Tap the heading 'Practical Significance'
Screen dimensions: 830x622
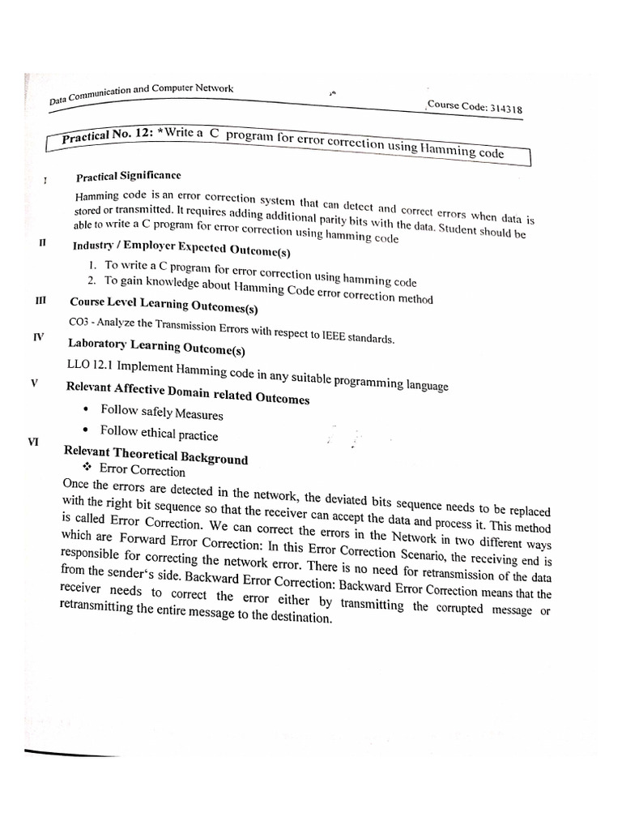[128, 176]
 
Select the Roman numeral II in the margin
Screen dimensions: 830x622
[43, 242]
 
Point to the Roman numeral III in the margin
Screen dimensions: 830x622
[40, 300]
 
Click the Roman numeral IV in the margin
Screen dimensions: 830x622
[38, 336]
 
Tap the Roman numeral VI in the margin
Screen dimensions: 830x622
[33, 442]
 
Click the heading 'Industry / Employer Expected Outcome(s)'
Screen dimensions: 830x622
[182, 248]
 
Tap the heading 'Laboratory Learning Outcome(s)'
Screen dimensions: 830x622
[156, 346]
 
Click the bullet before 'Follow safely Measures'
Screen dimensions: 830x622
[87, 409]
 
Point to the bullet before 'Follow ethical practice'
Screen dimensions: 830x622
[86, 430]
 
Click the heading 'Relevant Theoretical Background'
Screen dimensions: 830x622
[155, 455]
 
